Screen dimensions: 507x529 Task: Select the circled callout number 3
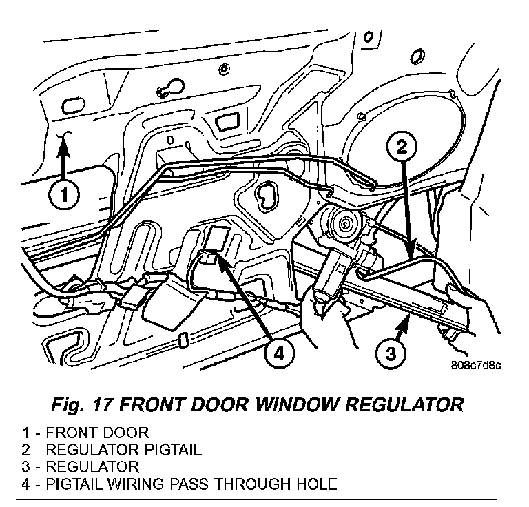pos(390,355)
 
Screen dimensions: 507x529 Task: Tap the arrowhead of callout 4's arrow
pos(218,256)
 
